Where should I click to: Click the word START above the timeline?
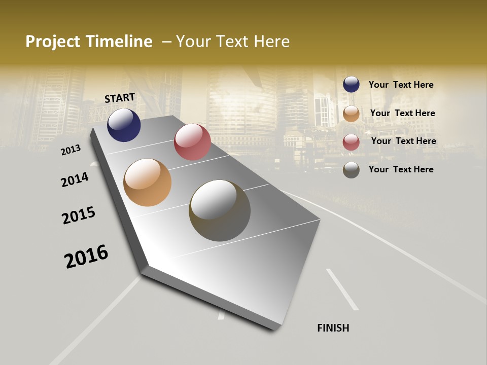120,98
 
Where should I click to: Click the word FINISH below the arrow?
333,328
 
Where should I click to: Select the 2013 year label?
71,150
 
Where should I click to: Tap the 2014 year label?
75,179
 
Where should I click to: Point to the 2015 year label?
79,215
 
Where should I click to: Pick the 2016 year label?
86,257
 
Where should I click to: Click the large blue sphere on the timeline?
124,125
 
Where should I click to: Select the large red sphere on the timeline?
192,142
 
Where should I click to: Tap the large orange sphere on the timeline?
147,182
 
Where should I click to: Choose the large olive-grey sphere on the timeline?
220,210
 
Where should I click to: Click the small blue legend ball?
351,85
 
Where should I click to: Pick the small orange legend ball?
351,114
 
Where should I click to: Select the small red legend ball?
351,142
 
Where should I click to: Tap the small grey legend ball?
351,170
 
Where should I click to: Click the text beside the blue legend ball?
401,85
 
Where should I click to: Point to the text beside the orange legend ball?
402,113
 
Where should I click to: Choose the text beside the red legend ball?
403,141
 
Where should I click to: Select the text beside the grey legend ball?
401,169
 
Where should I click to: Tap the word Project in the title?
53,42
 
